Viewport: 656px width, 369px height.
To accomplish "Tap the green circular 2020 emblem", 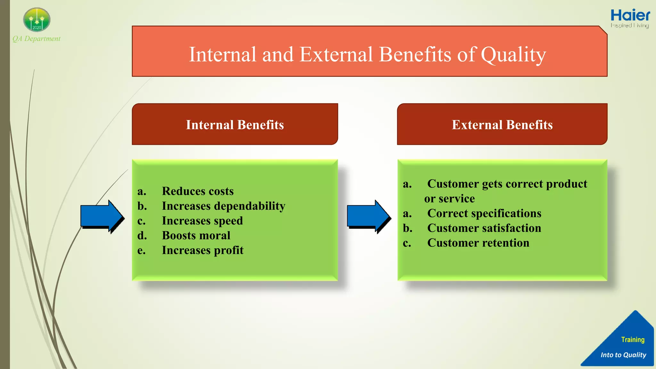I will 37,20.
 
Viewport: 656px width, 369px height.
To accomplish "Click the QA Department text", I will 37,39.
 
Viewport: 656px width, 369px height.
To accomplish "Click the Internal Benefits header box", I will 235,124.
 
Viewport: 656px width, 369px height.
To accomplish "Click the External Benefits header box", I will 502,124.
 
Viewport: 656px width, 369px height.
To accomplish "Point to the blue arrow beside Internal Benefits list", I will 101,216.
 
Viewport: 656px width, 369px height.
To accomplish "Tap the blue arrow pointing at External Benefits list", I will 368,216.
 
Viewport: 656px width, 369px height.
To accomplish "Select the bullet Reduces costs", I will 198,191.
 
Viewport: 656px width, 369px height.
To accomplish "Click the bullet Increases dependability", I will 223,206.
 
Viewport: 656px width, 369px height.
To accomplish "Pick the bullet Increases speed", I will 202,221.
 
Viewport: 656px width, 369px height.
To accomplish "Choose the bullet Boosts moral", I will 196,235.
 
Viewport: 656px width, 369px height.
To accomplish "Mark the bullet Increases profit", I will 202,250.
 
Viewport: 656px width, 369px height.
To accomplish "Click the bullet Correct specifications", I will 484,213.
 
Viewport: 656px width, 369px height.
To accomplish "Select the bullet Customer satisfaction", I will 484,228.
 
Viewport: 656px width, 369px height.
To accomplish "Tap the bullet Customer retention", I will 478,243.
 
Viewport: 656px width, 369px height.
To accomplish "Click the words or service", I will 449,199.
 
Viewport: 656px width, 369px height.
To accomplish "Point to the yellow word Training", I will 633,340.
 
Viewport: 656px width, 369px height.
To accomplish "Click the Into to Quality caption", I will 623,355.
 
